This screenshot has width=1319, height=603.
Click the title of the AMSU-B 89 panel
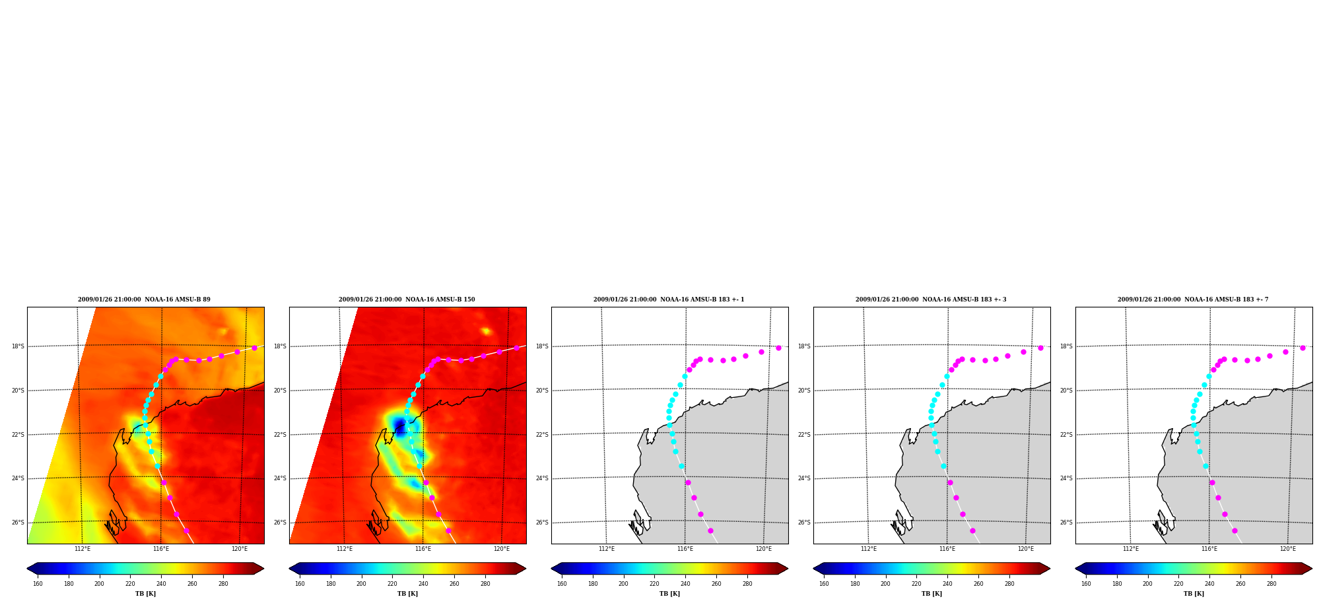(x=144, y=300)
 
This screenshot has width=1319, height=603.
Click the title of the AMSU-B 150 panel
(x=407, y=300)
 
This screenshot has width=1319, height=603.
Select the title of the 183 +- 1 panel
(x=669, y=300)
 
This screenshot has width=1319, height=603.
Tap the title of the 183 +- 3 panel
(x=931, y=300)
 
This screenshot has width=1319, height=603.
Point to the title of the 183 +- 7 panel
(x=1193, y=300)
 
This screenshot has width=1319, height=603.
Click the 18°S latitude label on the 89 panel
(x=18, y=346)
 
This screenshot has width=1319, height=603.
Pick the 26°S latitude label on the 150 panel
(x=280, y=523)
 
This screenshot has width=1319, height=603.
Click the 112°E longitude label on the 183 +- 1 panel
(x=607, y=549)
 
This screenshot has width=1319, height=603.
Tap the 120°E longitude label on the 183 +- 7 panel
(x=1288, y=549)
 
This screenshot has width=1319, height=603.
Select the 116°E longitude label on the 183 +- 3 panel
(x=947, y=549)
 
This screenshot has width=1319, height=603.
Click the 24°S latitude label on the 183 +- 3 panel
(x=804, y=478)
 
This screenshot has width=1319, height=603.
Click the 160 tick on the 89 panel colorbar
(x=38, y=584)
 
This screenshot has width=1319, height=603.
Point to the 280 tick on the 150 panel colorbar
(x=485, y=584)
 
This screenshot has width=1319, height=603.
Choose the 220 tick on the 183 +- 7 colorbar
(x=1178, y=584)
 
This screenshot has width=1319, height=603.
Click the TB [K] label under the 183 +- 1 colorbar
(x=669, y=594)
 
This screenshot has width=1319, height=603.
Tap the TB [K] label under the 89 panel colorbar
(x=145, y=594)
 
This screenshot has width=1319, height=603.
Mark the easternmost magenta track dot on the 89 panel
(x=254, y=348)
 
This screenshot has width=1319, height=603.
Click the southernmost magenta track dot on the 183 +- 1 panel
(x=710, y=530)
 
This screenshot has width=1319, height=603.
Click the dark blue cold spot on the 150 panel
(x=399, y=426)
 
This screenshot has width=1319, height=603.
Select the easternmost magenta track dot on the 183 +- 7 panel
(x=1302, y=348)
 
